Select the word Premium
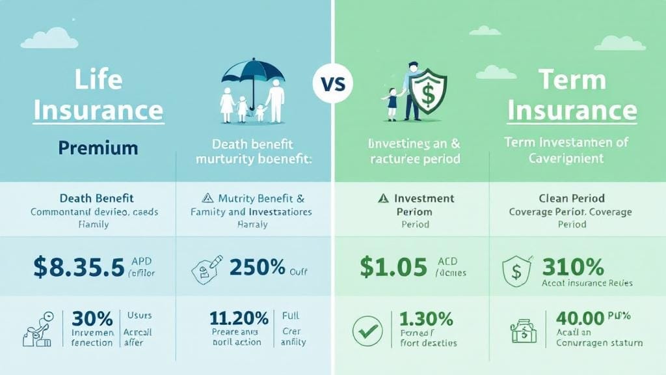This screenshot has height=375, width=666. point(98,148)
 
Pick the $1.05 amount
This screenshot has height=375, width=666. point(393,267)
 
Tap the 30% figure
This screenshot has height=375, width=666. point(92,319)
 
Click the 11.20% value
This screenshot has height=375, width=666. point(239,318)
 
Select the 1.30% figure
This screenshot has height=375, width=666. point(427,319)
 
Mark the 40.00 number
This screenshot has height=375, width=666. point(580,318)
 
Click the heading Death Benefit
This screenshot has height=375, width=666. point(98,198)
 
